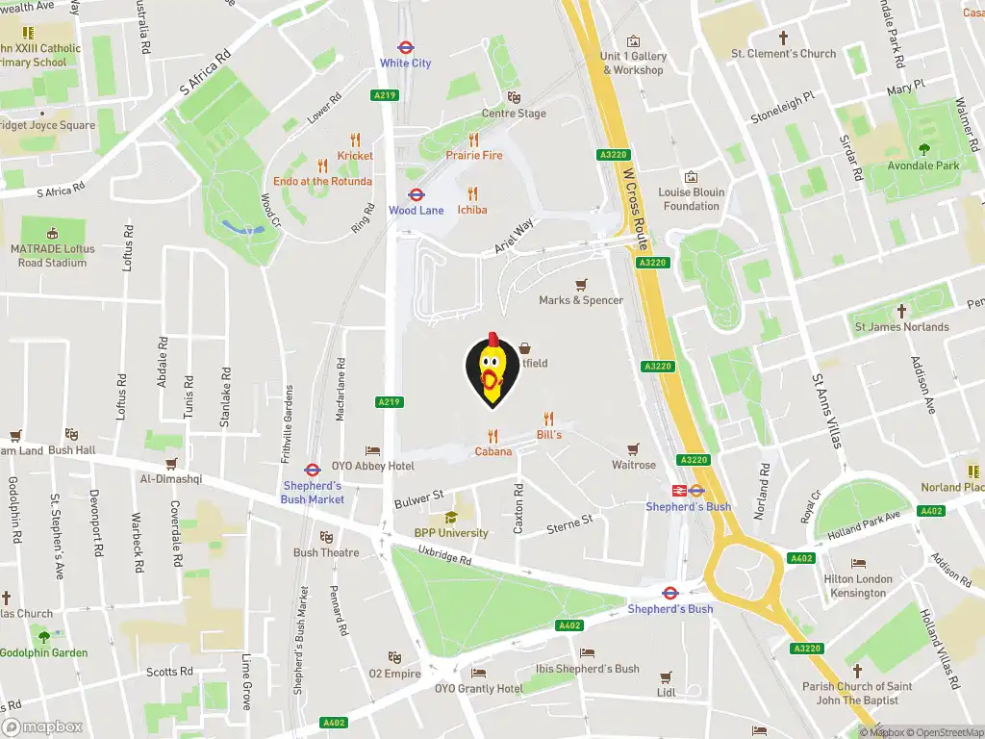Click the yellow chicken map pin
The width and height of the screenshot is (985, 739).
[492, 369]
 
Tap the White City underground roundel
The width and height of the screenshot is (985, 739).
[406, 46]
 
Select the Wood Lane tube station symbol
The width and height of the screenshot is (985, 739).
[417, 194]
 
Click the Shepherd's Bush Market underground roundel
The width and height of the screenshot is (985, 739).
[313, 471]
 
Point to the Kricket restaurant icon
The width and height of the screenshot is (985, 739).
[355, 140]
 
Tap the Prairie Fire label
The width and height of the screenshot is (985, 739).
[473, 156]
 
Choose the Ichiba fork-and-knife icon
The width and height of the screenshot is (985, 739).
[472, 193]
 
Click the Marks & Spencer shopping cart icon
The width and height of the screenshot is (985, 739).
[581, 285]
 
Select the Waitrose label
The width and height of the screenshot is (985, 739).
[634, 465]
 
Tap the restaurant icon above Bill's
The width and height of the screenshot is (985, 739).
[549, 419]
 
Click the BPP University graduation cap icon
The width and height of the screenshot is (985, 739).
[451, 518]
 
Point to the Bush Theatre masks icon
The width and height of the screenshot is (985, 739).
[326, 537]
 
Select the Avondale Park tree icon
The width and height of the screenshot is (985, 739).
[924, 149]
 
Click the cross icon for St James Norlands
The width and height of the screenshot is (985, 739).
[901, 311]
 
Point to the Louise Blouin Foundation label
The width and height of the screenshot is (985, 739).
[691, 199]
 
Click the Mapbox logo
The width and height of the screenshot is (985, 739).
[42, 727]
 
